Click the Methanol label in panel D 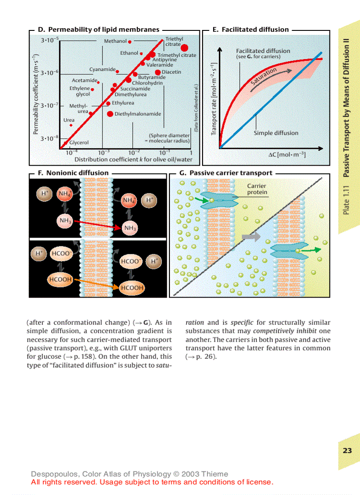coord(115,41)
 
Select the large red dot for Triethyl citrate coord(184,48)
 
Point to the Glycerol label coord(79,142)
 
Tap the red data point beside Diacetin coord(157,72)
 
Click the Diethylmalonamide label coord(138,114)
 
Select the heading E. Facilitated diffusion coord(250,30)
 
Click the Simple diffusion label coord(276,133)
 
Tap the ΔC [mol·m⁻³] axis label coord(287,155)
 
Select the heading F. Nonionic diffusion coord(73,173)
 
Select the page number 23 coord(347,450)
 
